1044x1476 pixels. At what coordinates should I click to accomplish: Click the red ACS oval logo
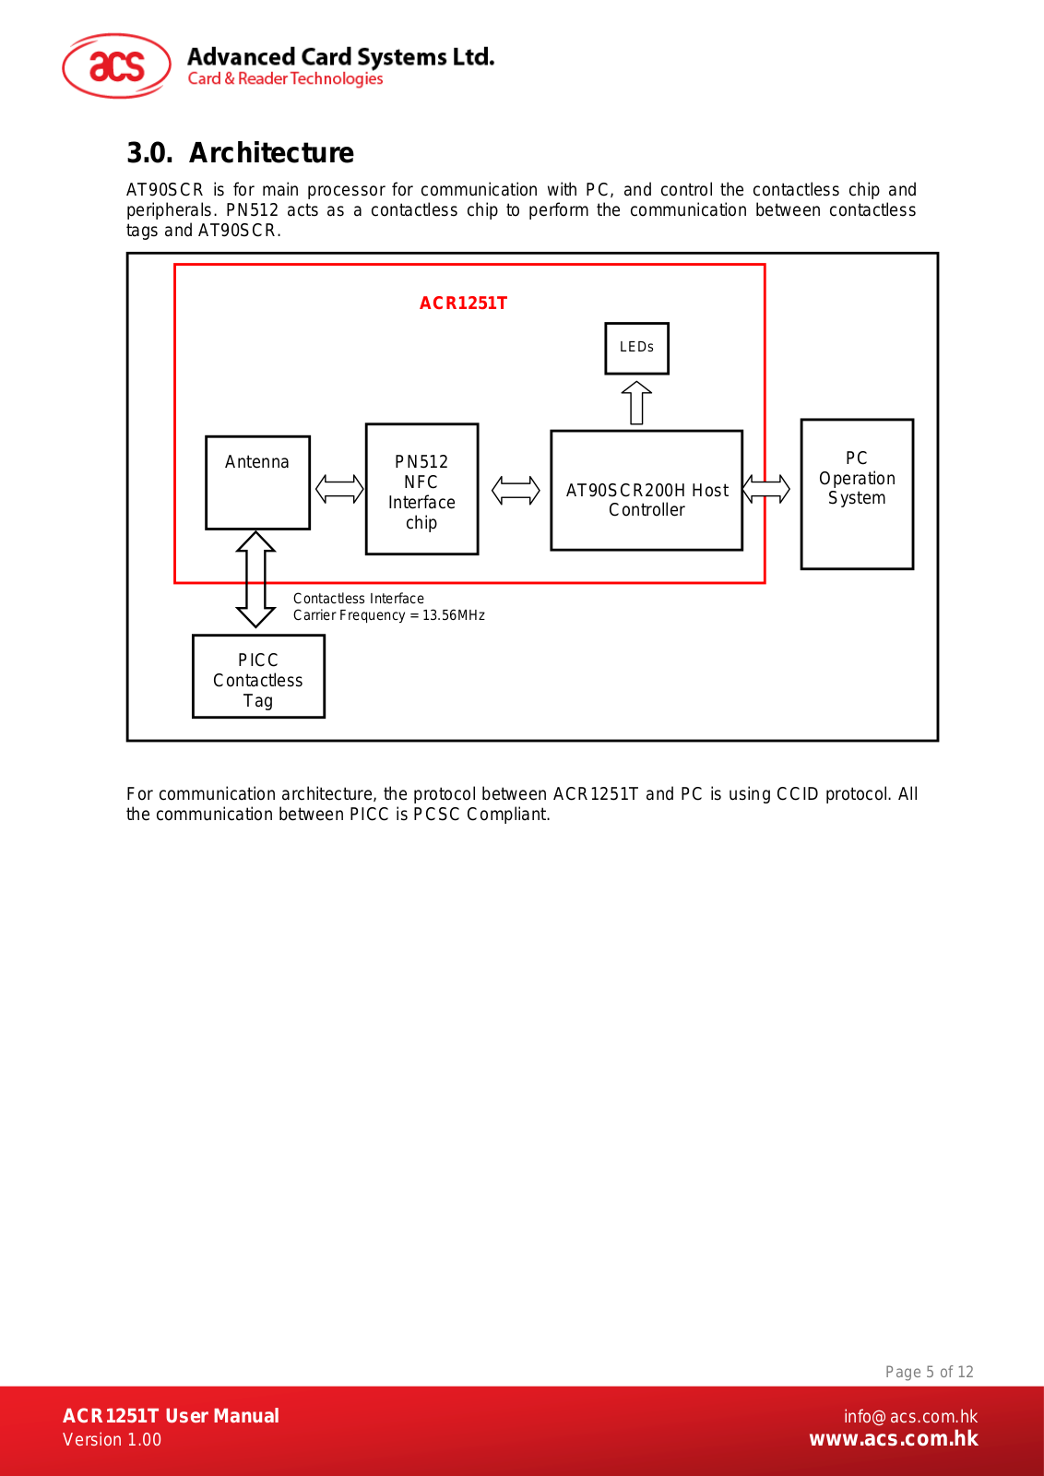116,65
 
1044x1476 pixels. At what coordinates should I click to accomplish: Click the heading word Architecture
271,153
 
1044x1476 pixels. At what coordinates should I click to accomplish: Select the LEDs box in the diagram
636,348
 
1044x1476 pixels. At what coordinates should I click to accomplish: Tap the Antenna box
257,482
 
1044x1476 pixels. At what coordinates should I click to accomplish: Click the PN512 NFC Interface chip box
421,489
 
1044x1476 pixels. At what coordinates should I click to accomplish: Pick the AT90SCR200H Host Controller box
647,490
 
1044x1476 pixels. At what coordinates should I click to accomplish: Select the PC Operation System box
856,494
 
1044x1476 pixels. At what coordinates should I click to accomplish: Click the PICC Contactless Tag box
258,676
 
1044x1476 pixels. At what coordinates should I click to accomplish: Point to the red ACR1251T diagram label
463,304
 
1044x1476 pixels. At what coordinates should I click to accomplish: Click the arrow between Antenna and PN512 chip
339,489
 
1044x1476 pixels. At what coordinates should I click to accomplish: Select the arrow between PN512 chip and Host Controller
516,490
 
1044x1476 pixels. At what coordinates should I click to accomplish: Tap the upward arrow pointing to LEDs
636,402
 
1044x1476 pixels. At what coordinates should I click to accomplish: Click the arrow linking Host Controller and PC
765,489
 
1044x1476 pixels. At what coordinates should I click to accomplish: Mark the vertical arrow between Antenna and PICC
255,579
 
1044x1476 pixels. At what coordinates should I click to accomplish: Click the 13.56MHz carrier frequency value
453,615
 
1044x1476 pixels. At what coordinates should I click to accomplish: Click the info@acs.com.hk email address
910,1417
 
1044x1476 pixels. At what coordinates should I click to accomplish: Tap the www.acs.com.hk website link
893,1438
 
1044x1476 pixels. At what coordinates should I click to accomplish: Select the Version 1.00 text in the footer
112,1440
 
